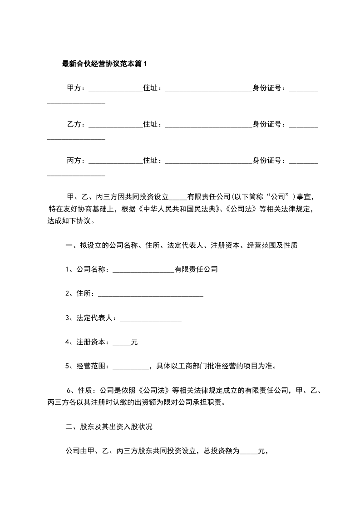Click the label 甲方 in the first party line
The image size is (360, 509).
coord(74,88)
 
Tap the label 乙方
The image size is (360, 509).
coord(74,124)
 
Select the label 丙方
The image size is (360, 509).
coord(74,160)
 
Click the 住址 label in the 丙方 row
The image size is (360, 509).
coord(152,160)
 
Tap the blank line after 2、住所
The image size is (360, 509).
coord(150,296)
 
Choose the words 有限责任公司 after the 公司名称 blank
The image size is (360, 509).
coord(196,269)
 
